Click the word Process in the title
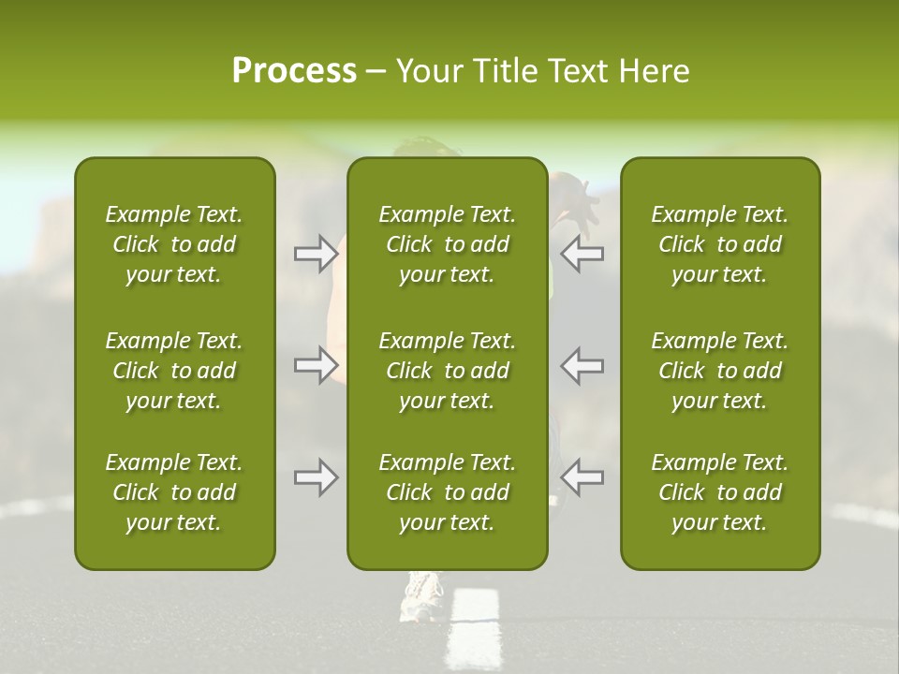(294, 71)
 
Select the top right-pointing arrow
(316, 254)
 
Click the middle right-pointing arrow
(316, 365)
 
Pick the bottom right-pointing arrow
(316, 477)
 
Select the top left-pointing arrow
(582, 254)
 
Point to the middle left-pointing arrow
(582, 365)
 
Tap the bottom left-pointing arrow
(582, 477)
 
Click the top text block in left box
(174, 244)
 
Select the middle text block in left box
(174, 371)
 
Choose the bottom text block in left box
(174, 492)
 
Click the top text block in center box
(447, 244)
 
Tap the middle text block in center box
(447, 371)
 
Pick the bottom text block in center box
(447, 492)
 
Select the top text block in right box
(719, 244)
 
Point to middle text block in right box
(719, 371)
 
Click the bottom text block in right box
(719, 492)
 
